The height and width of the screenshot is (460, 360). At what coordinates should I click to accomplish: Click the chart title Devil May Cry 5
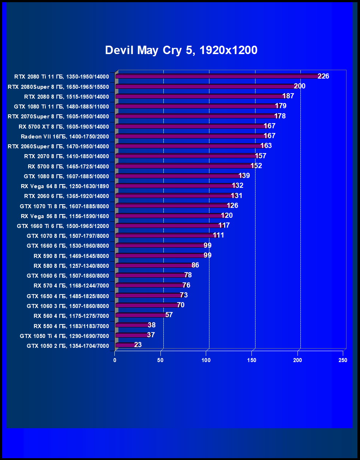[x=181, y=50]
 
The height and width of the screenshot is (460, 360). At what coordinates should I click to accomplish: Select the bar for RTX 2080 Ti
[x=217, y=76]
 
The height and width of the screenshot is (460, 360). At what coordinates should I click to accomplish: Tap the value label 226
[x=323, y=76]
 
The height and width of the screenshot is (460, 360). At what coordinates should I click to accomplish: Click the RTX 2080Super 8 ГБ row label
[x=58, y=87]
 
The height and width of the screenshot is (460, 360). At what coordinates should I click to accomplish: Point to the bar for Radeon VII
[x=190, y=136]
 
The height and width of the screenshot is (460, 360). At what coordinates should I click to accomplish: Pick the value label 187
[x=288, y=96]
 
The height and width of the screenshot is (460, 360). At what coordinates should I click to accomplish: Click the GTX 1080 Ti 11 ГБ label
[x=61, y=107]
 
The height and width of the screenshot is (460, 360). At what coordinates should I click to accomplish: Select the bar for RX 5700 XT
[x=190, y=126]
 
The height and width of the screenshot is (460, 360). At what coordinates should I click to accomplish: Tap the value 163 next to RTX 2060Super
[x=266, y=146]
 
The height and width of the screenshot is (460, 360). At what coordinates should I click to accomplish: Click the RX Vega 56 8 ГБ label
[x=65, y=216]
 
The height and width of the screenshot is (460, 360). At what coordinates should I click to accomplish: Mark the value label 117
[x=224, y=225]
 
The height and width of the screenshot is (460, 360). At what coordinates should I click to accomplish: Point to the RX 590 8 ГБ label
[x=71, y=256]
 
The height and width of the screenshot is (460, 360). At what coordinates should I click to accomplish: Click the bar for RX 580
[x=154, y=265]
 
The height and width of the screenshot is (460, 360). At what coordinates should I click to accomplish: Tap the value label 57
[x=169, y=315]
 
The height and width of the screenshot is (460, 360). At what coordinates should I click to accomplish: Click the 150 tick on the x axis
[x=252, y=360]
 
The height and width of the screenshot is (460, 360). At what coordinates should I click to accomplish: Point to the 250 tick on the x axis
[x=343, y=360]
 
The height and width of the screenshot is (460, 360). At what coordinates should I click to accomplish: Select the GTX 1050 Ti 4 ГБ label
[x=64, y=336]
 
